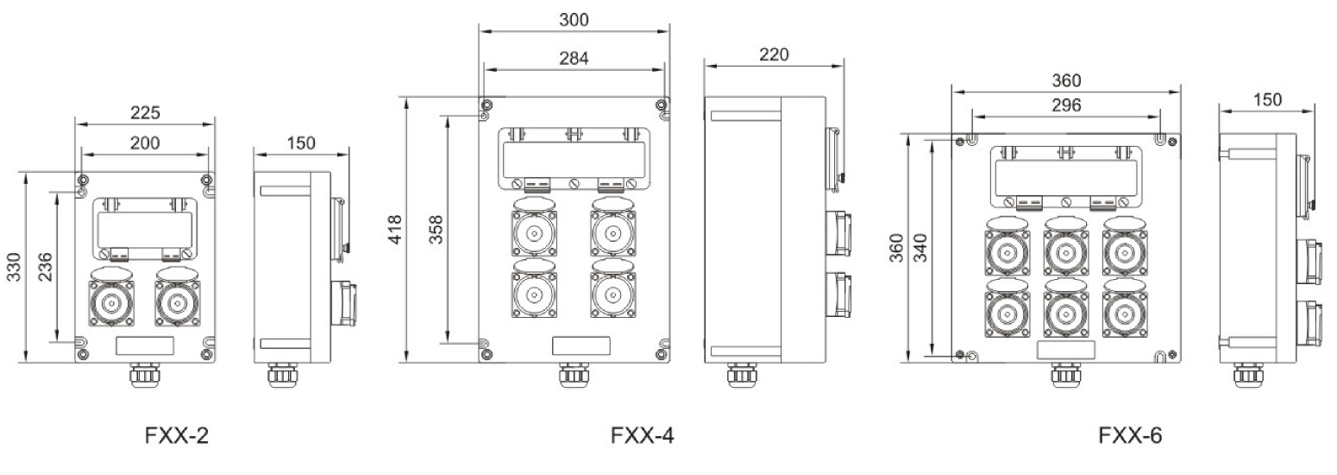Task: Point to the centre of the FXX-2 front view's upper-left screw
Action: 83,180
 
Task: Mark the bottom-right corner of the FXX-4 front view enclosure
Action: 669,362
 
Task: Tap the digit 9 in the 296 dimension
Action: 1066,105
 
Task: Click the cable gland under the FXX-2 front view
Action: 142,375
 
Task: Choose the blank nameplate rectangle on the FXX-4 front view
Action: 581,346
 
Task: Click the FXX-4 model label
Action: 642,435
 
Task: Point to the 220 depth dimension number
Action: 774,55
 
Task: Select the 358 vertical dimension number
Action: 436,230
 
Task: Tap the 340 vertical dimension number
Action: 921,248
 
